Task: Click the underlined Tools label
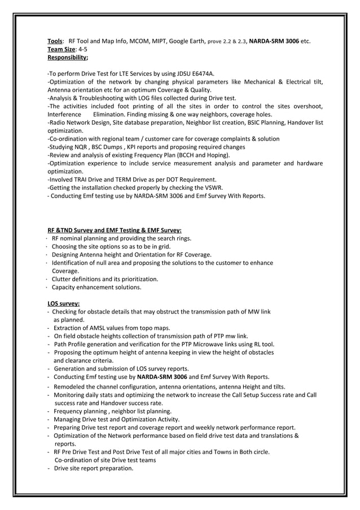pyautogui.click(x=54, y=41)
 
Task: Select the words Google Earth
pyautogui.click(x=187, y=41)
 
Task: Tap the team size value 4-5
pyautogui.click(x=82, y=49)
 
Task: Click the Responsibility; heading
pyautogui.click(x=67, y=57)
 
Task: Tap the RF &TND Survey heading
pyautogui.click(x=114, y=230)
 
